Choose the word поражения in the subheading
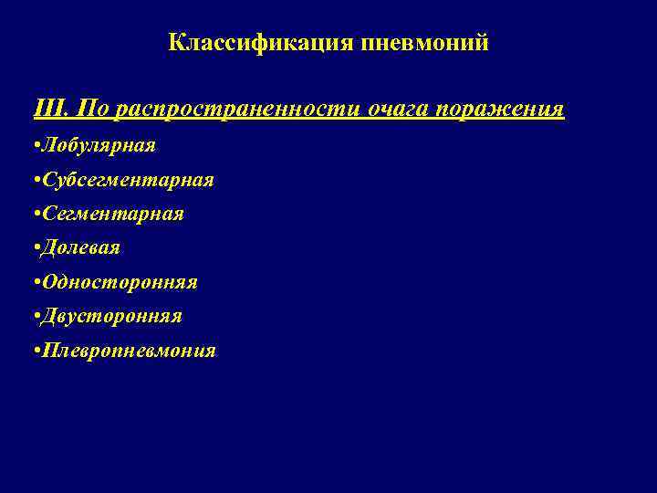coord(500,110)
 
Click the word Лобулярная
coord(97,145)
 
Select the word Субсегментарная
coord(126,180)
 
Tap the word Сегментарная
coord(110,214)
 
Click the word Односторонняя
coord(118,282)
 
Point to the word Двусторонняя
coord(109,316)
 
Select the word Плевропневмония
coord(127,351)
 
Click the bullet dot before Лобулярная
coord(33,146)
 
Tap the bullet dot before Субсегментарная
coord(33,181)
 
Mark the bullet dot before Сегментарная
coord(33,215)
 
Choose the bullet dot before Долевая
coord(33,248)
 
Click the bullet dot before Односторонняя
coord(33,283)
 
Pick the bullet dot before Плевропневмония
coord(33,351)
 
